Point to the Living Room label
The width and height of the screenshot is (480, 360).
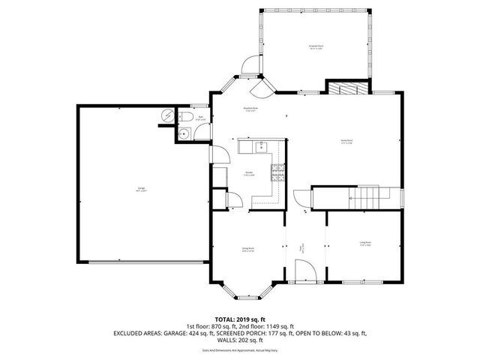[365, 244]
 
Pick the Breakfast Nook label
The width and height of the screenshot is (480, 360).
[250, 109]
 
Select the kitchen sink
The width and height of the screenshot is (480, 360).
[262, 145]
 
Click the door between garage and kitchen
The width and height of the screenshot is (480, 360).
[220, 154]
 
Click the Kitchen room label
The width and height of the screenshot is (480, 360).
[259, 175]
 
